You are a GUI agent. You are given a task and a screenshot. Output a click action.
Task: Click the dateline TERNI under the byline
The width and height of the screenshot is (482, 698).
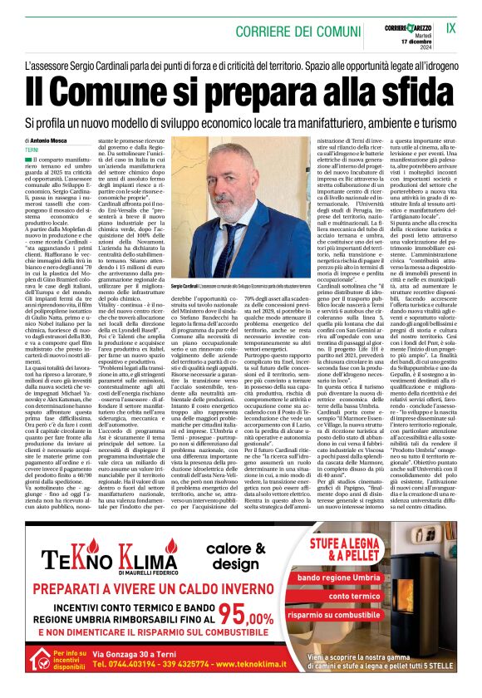pos(32,150)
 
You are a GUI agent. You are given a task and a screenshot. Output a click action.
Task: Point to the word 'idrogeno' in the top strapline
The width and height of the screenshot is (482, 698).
pos(435,65)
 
